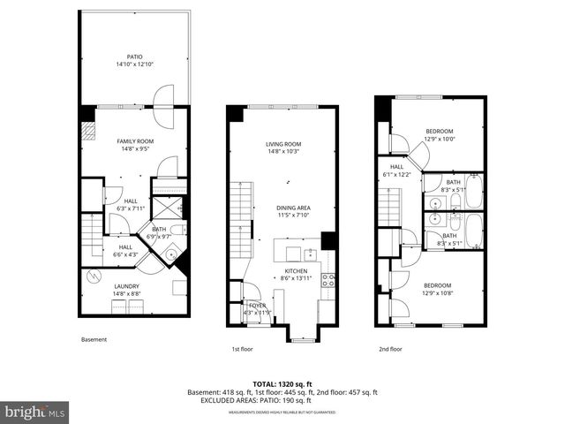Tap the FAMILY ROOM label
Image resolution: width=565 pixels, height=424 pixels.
[x=135, y=141]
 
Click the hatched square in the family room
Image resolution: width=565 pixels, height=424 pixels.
[x=88, y=130]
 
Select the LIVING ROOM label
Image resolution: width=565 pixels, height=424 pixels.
[x=283, y=145]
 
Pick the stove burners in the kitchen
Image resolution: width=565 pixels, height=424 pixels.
[x=328, y=280]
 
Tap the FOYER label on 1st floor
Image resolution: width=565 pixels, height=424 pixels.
[x=255, y=306]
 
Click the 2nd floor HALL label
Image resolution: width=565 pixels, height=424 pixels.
[x=397, y=166]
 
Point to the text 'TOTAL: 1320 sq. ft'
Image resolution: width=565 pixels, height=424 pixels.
[x=282, y=384]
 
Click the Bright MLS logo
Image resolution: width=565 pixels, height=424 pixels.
[x=35, y=411]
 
